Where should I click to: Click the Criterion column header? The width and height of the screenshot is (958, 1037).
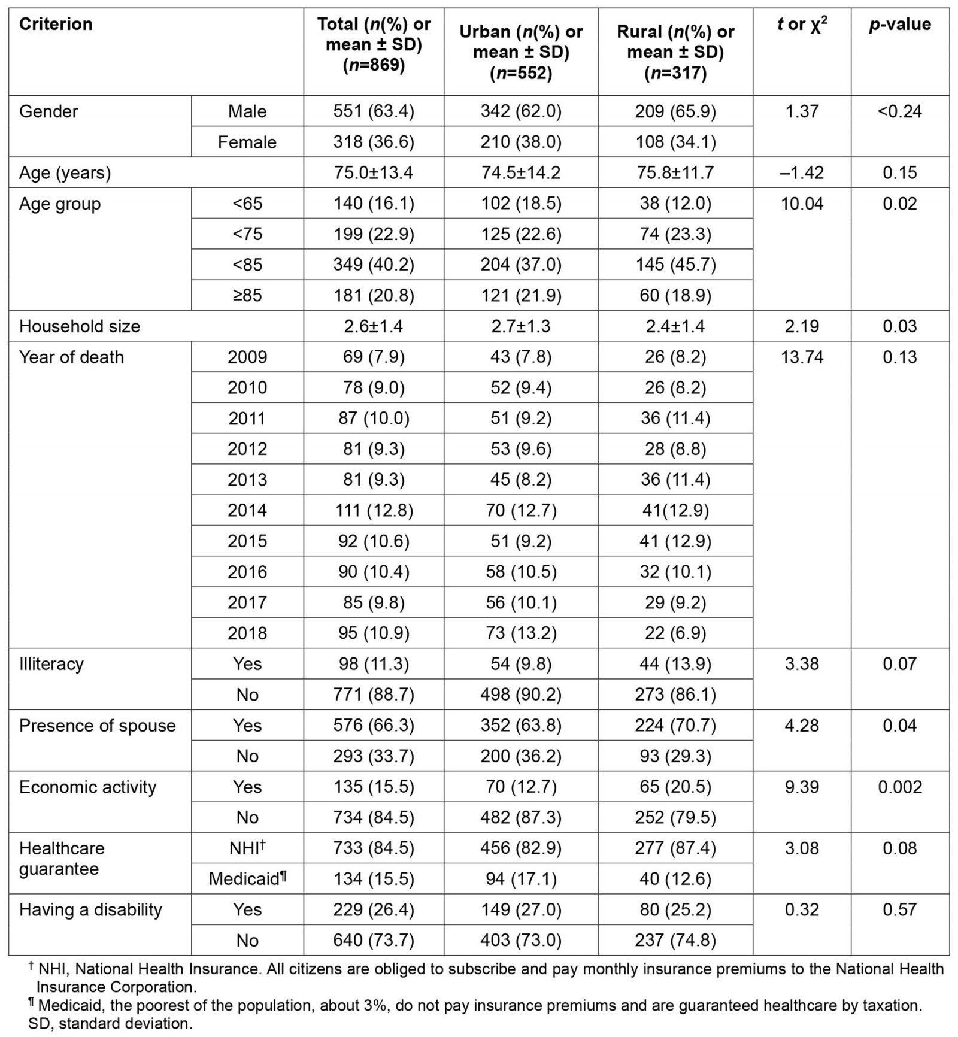pyautogui.click(x=56, y=24)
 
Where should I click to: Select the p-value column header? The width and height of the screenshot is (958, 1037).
pyautogui.click(x=899, y=24)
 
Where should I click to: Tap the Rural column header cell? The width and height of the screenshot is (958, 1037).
pyautogui.click(x=675, y=52)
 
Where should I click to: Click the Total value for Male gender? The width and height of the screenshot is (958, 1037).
pyautogui.click(x=374, y=111)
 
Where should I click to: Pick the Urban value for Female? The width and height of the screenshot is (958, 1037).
pyautogui.click(x=521, y=142)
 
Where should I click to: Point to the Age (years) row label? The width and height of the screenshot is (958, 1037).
pyautogui.click(x=65, y=173)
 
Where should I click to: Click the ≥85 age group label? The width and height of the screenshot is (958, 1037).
pyautogui.click(x=247, y=295)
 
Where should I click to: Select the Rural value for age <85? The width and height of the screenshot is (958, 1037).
pyautogui.click(x=675, y=265)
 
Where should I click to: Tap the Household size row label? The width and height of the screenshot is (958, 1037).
pyautogui.click(x=80, y=326)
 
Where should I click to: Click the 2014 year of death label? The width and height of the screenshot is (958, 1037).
pyautogui.click(x=247, y=510)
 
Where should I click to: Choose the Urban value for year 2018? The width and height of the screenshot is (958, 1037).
pyautogui.click(x=521, y=633)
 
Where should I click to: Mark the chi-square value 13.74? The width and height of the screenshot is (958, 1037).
pyautogui.click(x=802, y=357)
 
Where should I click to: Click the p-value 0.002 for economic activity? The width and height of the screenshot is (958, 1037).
pyautogui.click(x=899, y=787)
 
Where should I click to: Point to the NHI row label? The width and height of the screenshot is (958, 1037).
pyautogui.click(x=247, y=848)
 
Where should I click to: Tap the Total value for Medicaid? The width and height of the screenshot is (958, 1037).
pyautogui.click(x=374, y=878)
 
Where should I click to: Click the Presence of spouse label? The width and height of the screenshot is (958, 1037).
pyautogui.click(x=98, y=726)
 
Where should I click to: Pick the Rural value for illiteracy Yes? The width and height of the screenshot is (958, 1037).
pyautogui.click(x=675, y=664)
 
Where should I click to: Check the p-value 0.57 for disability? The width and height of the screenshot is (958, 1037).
pyautogui.click(x=899, y=909)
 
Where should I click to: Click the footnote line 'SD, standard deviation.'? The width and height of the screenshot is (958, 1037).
pyautogui.click(x=110, y=1024)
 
